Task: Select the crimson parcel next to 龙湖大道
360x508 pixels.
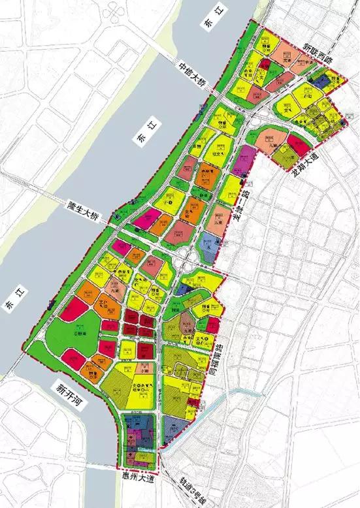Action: point(295,145)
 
